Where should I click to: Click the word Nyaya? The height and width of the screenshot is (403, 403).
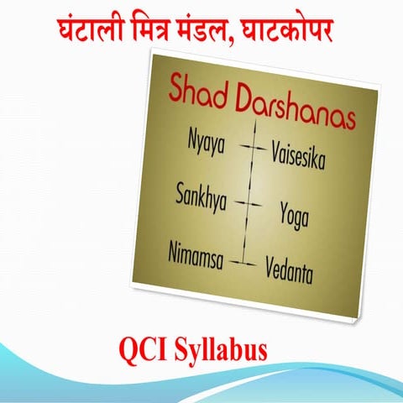pos(207,143)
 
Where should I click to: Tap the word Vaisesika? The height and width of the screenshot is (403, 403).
pos(298,155)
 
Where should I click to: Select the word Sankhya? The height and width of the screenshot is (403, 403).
pos(201,196)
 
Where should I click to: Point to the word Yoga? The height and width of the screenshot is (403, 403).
pos(295,214)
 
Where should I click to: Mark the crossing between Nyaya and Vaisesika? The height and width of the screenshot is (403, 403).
pos(251,146)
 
